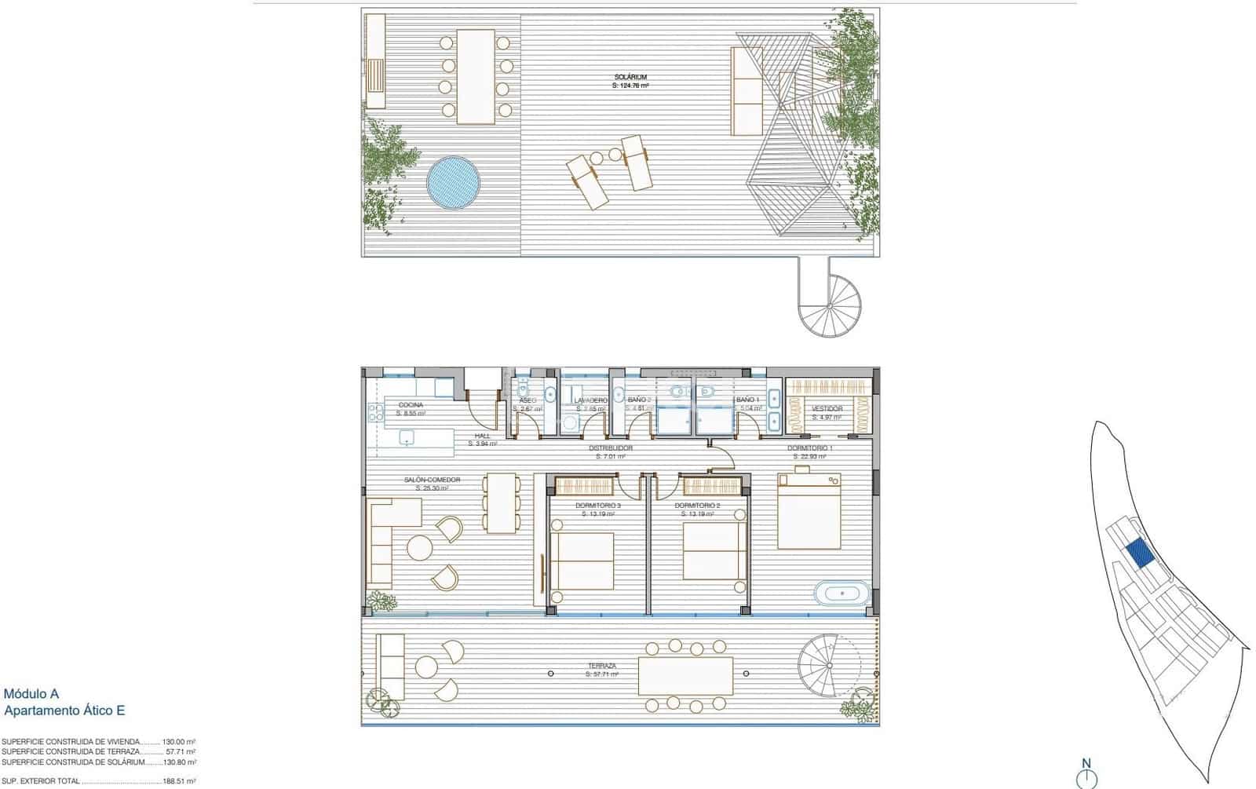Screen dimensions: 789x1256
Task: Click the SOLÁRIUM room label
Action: [x=630, y=77]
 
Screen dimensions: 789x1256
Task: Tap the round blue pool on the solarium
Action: [x=453, y=183]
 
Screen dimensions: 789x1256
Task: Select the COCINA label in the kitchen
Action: [x=411, y=405]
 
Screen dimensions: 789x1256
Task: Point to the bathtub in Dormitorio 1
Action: [x=842, y=592]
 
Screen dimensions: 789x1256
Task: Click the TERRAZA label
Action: [x=602, y=666]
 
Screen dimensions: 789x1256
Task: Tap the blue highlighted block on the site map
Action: [x=1140, y=553]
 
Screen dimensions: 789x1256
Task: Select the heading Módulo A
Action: [x=31, y=694]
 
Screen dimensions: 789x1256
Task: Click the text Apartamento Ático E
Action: [x=64, y=710]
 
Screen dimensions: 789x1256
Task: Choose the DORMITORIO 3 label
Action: [x=597, y=506]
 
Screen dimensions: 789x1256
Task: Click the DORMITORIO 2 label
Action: [x=697, y=506]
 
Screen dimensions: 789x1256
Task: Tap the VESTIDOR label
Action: [x=827, y=409]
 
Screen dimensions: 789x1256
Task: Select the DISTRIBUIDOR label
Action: [x=611, y=448]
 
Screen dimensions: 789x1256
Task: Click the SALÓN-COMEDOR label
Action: [x=432, y=480]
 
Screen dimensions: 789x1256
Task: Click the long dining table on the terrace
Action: [x=685, y=676]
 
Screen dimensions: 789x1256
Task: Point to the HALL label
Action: [x=482, y=436]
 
